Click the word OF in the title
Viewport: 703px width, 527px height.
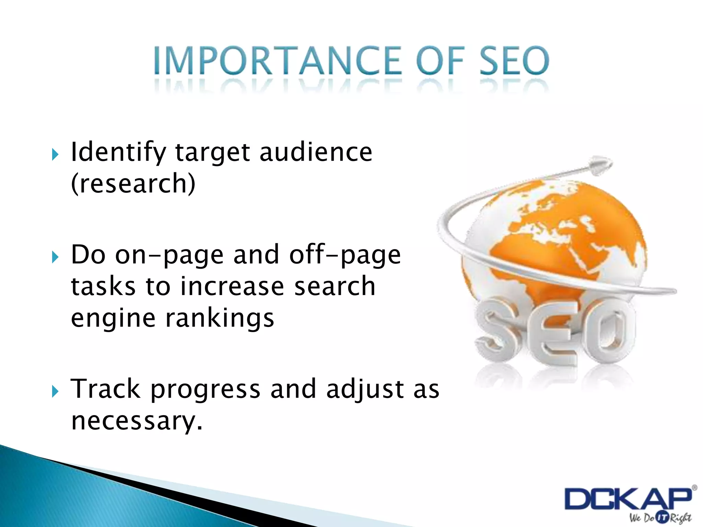440,61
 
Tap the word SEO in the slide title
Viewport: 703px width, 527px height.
514,61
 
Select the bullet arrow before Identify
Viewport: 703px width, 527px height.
55,155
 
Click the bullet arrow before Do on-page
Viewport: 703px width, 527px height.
55,257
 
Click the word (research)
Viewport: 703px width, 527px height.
133,184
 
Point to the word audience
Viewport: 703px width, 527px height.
316,152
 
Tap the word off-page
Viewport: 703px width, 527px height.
345,255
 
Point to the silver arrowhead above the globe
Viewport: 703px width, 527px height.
600,165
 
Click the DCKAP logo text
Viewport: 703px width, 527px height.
628,499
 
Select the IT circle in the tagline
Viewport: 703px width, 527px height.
662,518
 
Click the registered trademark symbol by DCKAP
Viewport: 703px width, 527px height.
694,488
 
